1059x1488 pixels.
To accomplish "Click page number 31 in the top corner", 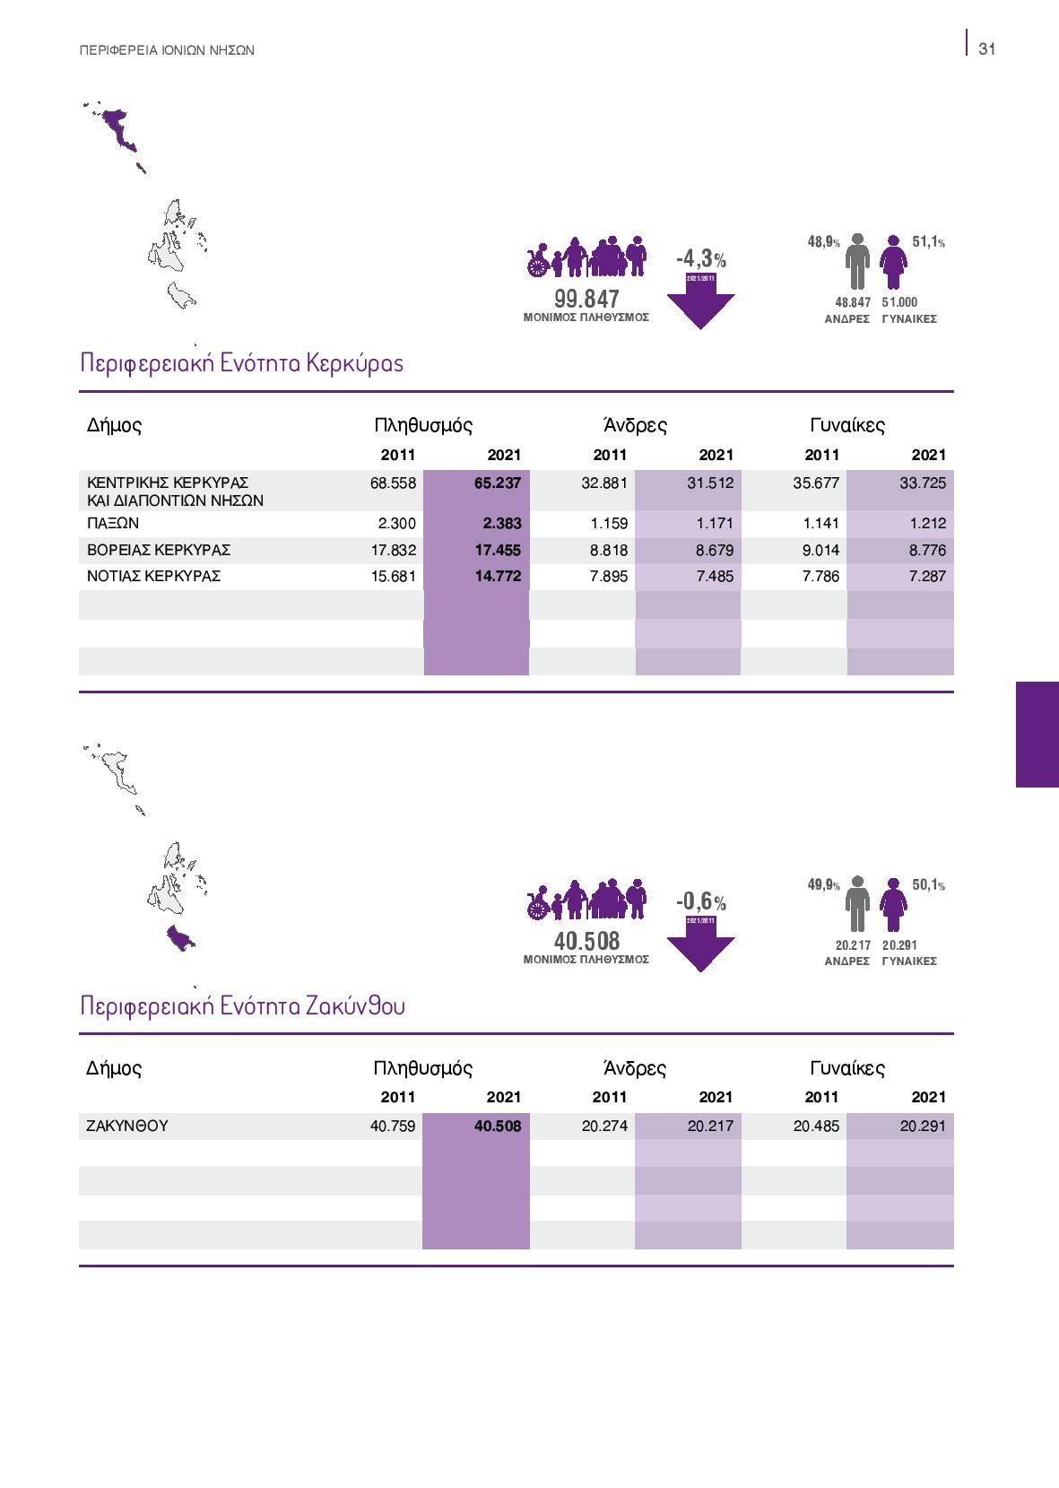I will (986, 49).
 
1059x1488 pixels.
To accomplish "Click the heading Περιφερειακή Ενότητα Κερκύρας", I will (241, 363).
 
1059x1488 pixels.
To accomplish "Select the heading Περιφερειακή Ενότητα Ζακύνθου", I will (242, 1005).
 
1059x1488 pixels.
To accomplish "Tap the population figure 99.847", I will (586, 300).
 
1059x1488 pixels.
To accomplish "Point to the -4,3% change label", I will (700, 259).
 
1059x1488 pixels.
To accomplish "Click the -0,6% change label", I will (700, 901).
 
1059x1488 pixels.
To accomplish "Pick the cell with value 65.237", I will (497, 483).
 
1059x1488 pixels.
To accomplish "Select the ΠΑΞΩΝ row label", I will (113, 523).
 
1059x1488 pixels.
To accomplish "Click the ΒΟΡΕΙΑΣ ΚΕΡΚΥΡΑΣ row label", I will (159, 550).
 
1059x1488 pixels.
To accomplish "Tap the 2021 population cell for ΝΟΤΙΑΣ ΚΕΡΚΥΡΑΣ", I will (497, 576).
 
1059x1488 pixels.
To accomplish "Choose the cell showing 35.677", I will (816, 483).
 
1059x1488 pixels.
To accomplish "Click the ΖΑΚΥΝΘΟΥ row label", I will (127, 1126).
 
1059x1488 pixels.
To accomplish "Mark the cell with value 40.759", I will (393, 1126).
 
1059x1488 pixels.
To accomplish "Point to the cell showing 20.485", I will (816, 1126).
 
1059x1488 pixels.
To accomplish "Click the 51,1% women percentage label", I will (927, 242).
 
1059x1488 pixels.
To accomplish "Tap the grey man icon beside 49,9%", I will (857, 905).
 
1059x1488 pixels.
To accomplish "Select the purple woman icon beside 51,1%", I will (893, 262).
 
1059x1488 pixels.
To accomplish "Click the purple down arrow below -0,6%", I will (700, 948).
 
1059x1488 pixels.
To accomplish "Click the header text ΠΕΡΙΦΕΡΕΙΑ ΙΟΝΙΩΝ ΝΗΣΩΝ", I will (167, 51).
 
